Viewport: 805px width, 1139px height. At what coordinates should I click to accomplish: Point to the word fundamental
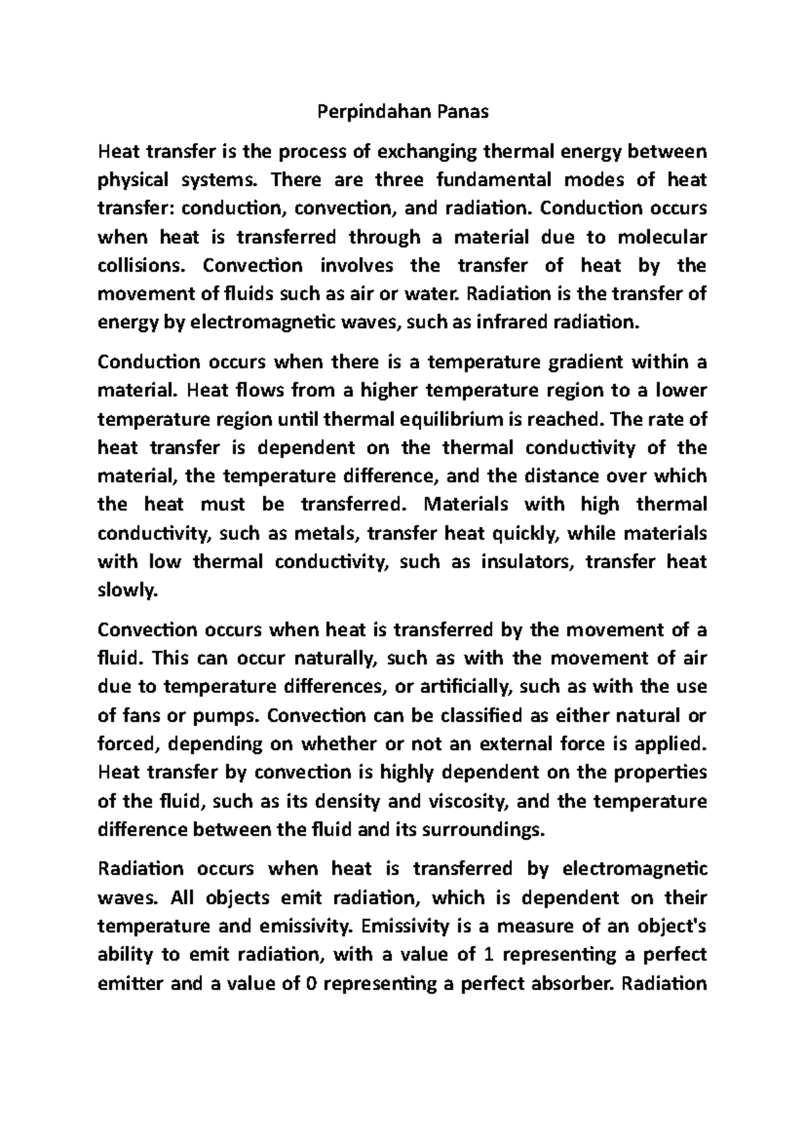(493, 180)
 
